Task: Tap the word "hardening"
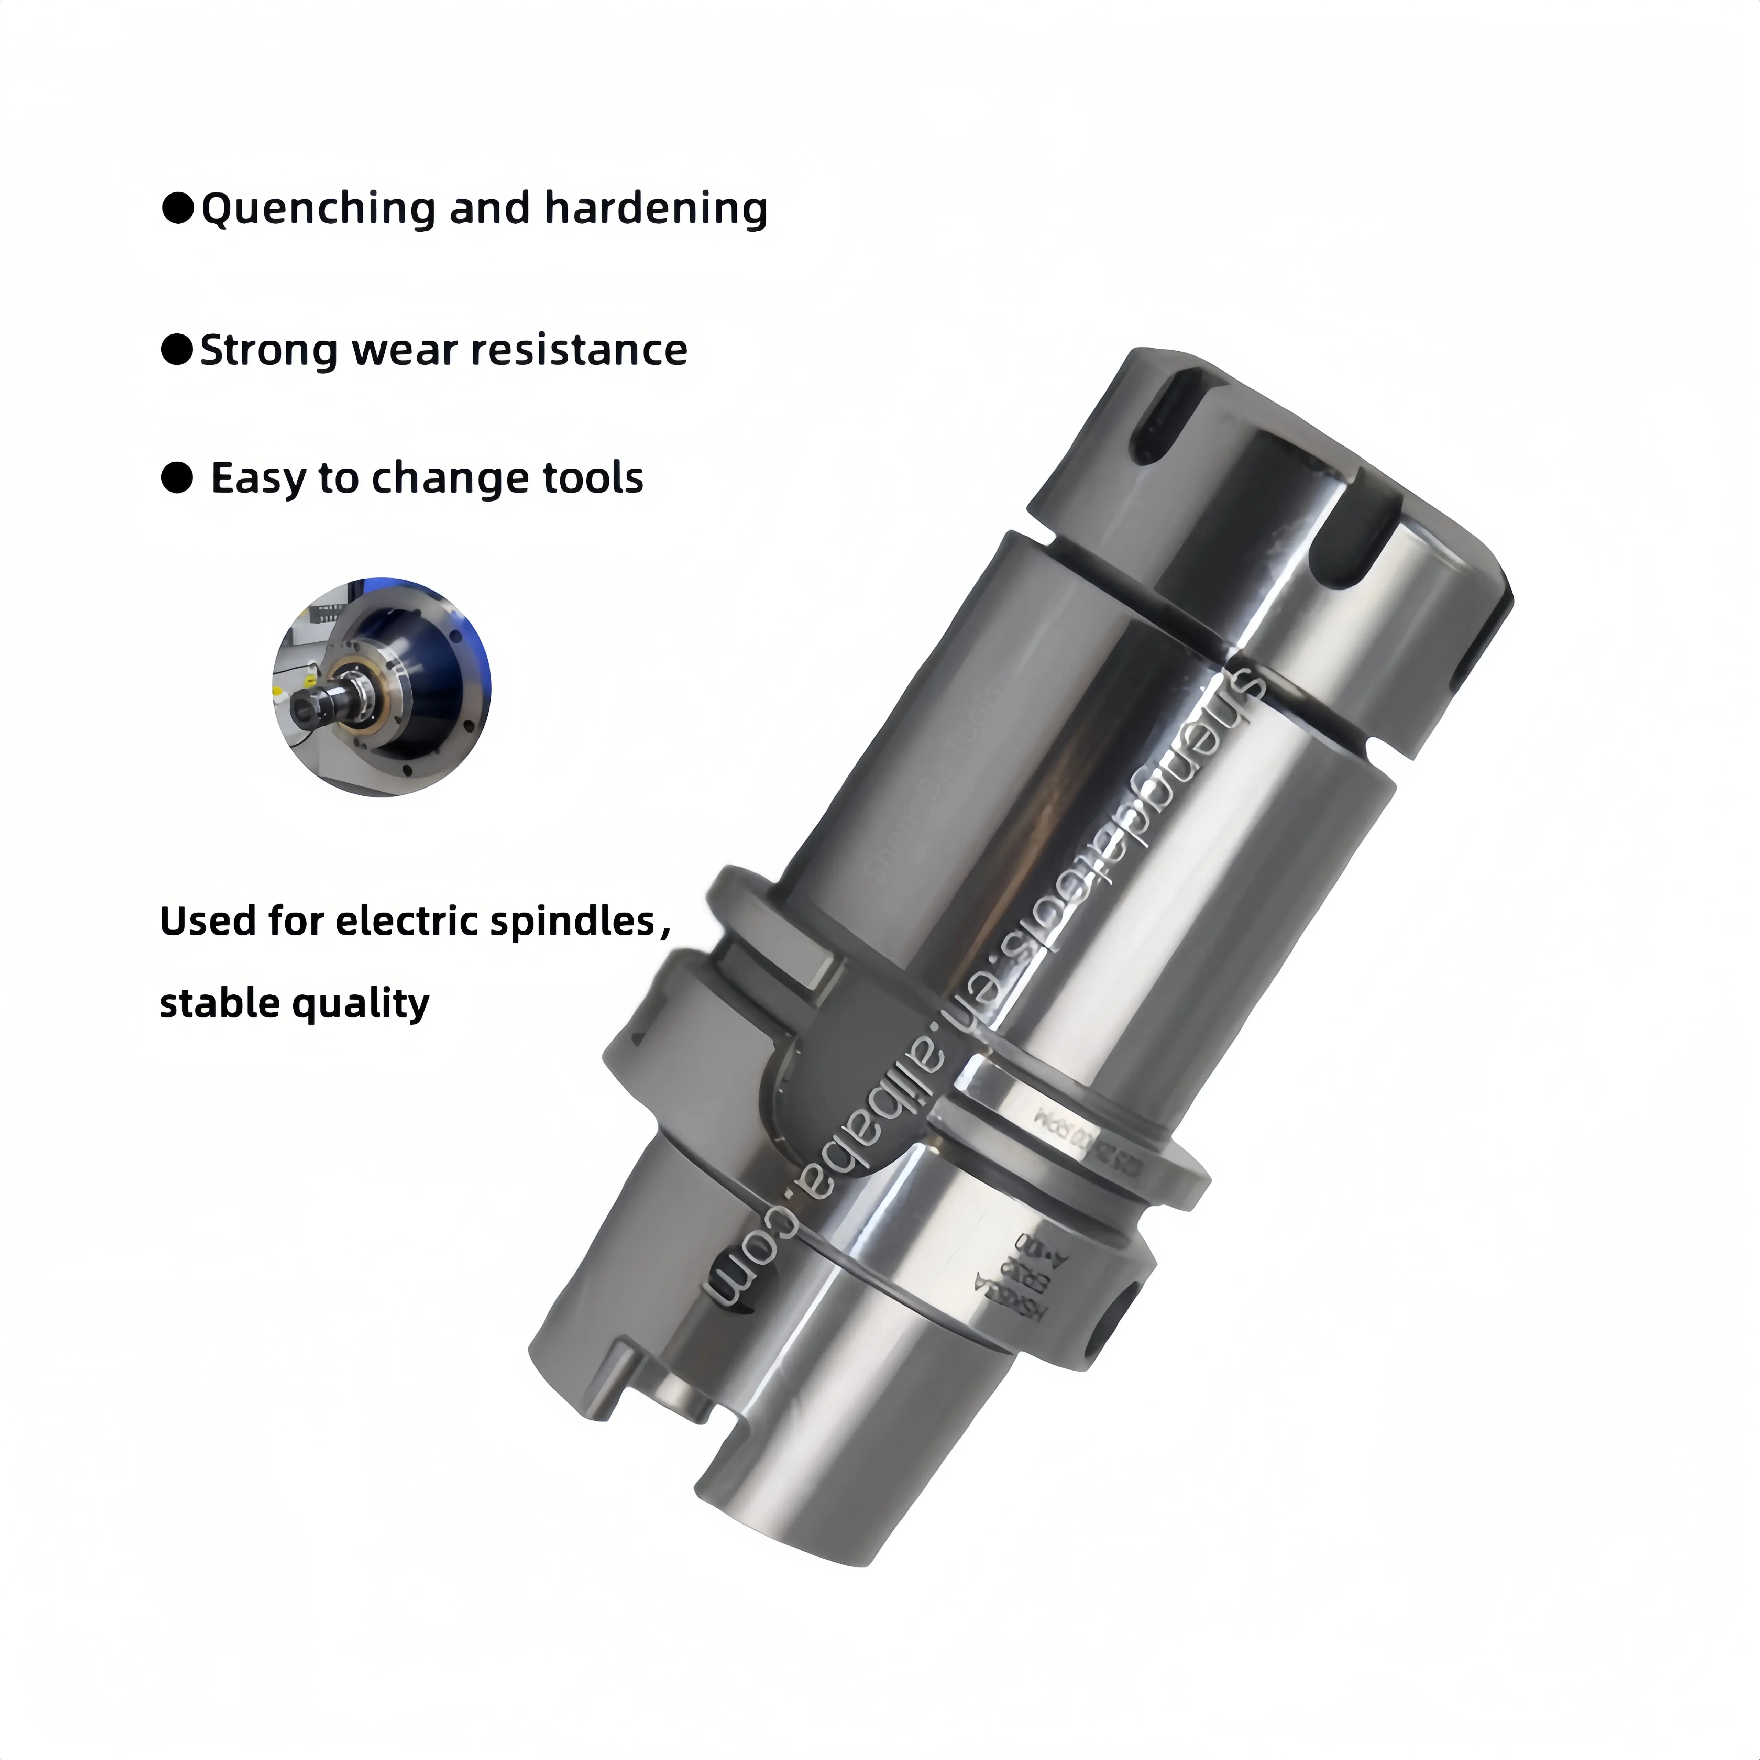pyautogui.click(x=656, y=209)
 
